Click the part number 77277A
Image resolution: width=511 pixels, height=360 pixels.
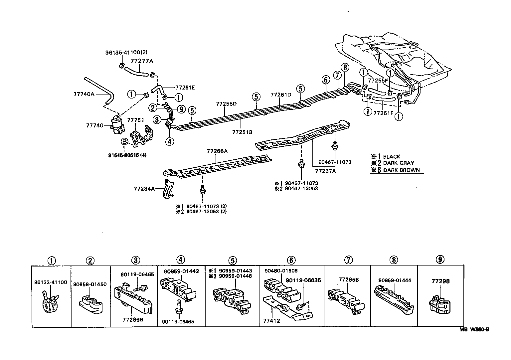coord(142,61)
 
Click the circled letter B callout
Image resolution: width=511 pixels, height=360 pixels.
coord(124,142)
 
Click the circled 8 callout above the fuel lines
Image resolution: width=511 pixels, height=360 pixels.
coord(345,68)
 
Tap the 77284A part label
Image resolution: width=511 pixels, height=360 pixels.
coord(144,189)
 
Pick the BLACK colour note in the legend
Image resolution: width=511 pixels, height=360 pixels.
coord(392,157)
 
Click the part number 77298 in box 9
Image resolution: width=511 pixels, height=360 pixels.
coord(440,281)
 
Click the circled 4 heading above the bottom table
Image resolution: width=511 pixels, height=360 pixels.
coord(181,260)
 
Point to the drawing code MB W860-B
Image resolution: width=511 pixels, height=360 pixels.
coord(474,330)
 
